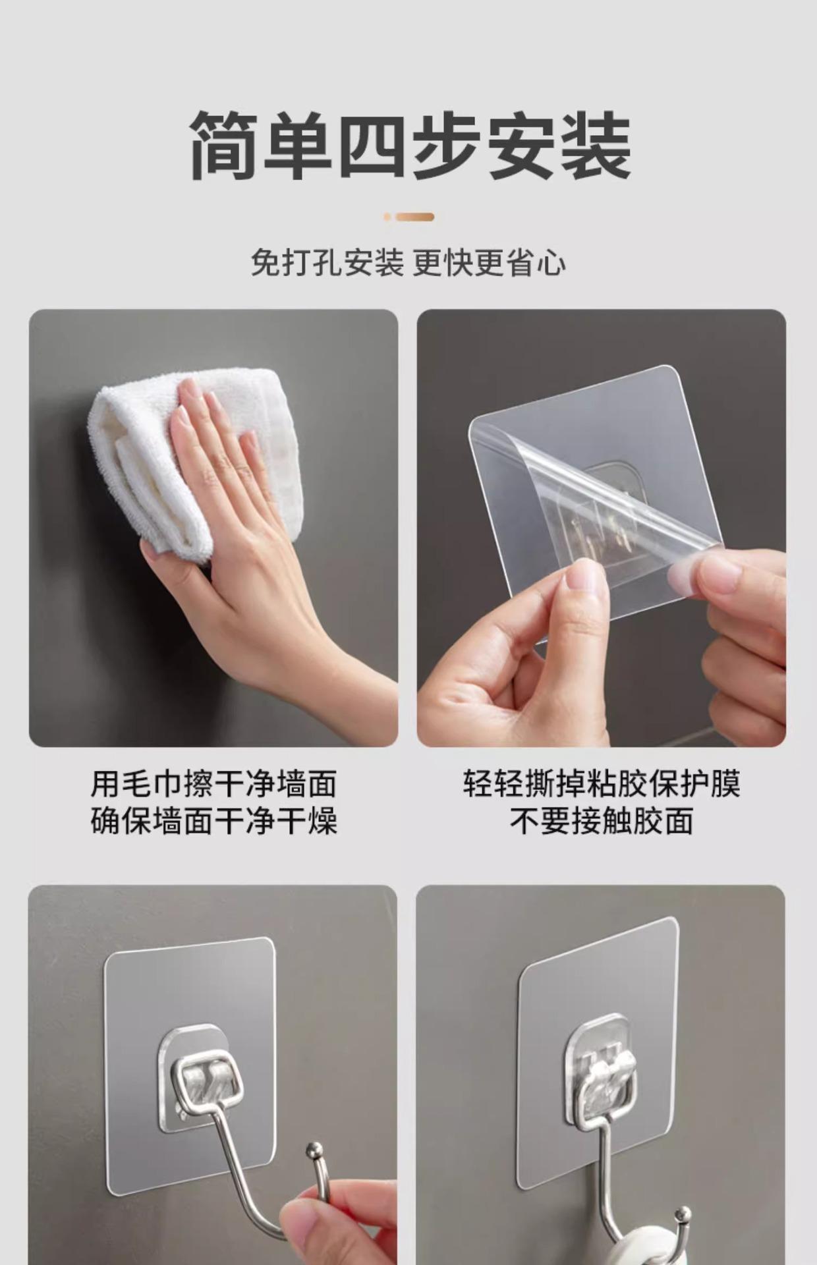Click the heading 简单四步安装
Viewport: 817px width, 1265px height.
point(410,146)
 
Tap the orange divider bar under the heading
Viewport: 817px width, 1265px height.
point(409,217)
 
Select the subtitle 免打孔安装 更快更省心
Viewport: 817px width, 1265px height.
point(408,263)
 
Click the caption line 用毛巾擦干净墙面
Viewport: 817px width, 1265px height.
point(213,784)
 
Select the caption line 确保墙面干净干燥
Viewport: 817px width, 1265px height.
point(213,821)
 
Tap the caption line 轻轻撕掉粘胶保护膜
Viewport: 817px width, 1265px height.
point(602,784)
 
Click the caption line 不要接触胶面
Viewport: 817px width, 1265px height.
point(602,821)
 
